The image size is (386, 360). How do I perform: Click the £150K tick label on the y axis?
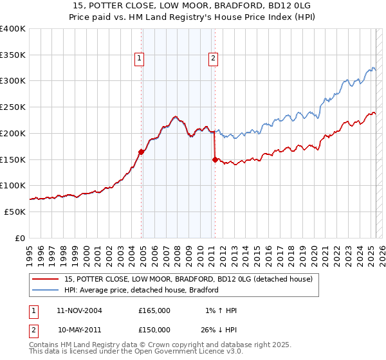click(13, 159)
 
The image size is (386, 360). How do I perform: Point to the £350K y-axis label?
click(13, 55)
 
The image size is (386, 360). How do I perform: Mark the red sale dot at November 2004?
click(142, 152)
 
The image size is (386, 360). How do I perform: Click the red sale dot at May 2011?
click(215, 159)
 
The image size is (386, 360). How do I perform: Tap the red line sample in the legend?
click(46, 279)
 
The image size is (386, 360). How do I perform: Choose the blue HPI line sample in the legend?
click(46, 290)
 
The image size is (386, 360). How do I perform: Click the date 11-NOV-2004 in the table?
click(79, 310)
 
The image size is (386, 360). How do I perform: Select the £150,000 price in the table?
click(154, 330)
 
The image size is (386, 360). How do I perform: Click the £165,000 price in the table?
click(154, 310)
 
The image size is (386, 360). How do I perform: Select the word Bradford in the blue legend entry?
click(203, 290)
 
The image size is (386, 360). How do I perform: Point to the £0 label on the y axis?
click(20, 238)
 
